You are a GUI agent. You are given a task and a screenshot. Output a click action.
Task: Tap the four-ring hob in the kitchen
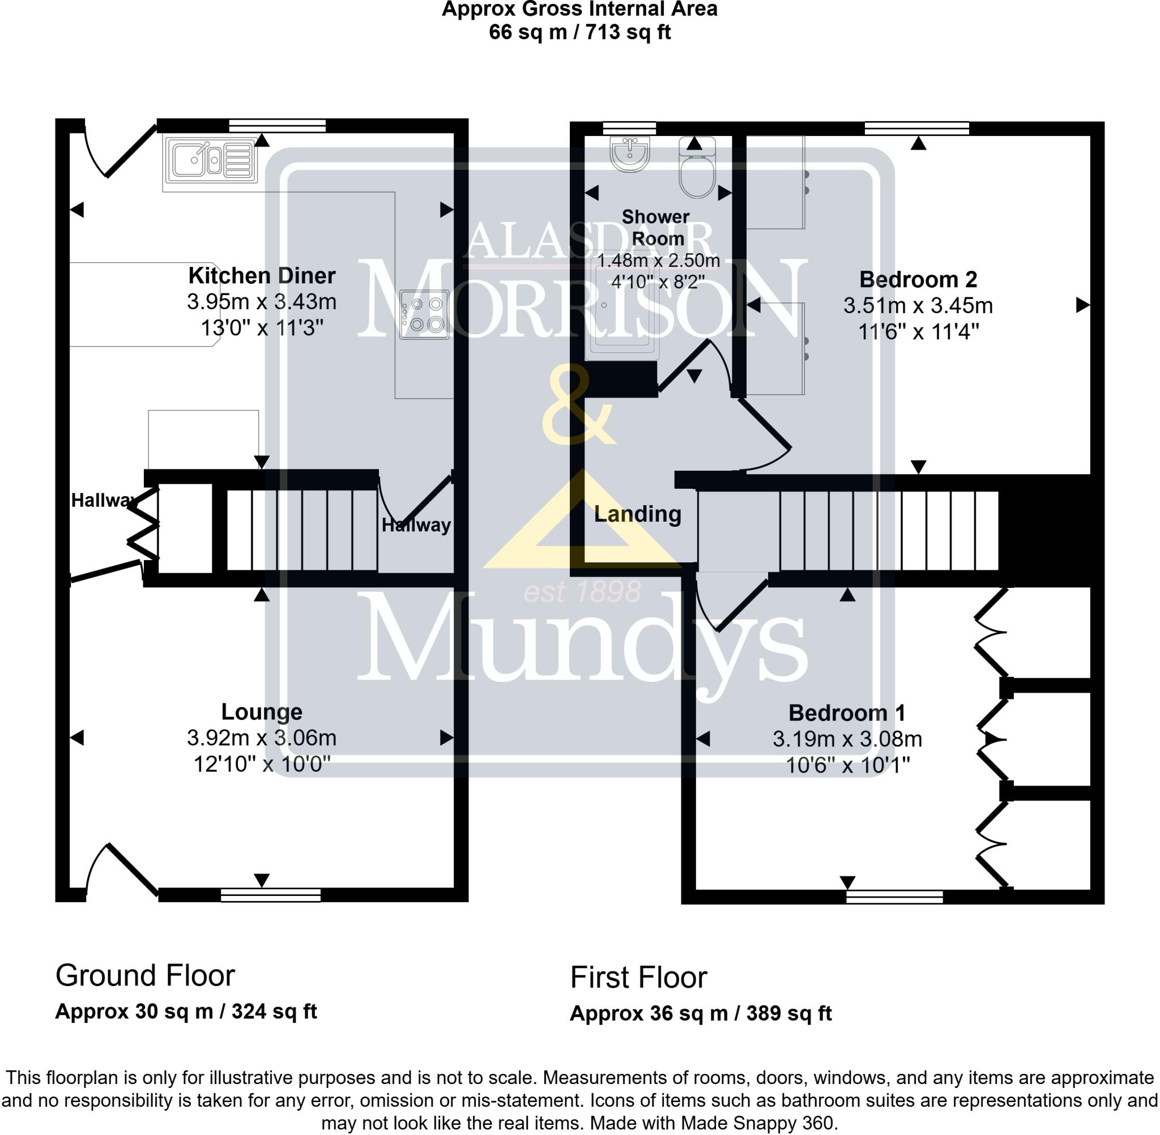424,314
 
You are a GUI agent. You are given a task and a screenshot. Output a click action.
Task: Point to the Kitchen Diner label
262,275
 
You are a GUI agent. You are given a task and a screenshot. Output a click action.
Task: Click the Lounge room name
262,711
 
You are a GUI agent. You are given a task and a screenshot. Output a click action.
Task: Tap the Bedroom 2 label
918,279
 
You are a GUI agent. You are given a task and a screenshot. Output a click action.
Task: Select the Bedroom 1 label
846,712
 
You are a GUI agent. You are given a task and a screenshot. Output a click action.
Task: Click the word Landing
637,513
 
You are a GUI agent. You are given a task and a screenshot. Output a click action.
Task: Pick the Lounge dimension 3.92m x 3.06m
262,737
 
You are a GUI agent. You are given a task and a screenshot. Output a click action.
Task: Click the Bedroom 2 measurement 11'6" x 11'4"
918,331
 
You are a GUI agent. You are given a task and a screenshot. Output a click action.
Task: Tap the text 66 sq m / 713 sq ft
579,32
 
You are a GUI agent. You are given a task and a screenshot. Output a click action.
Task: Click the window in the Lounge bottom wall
270,895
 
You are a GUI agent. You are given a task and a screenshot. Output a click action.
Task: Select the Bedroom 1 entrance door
733,605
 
